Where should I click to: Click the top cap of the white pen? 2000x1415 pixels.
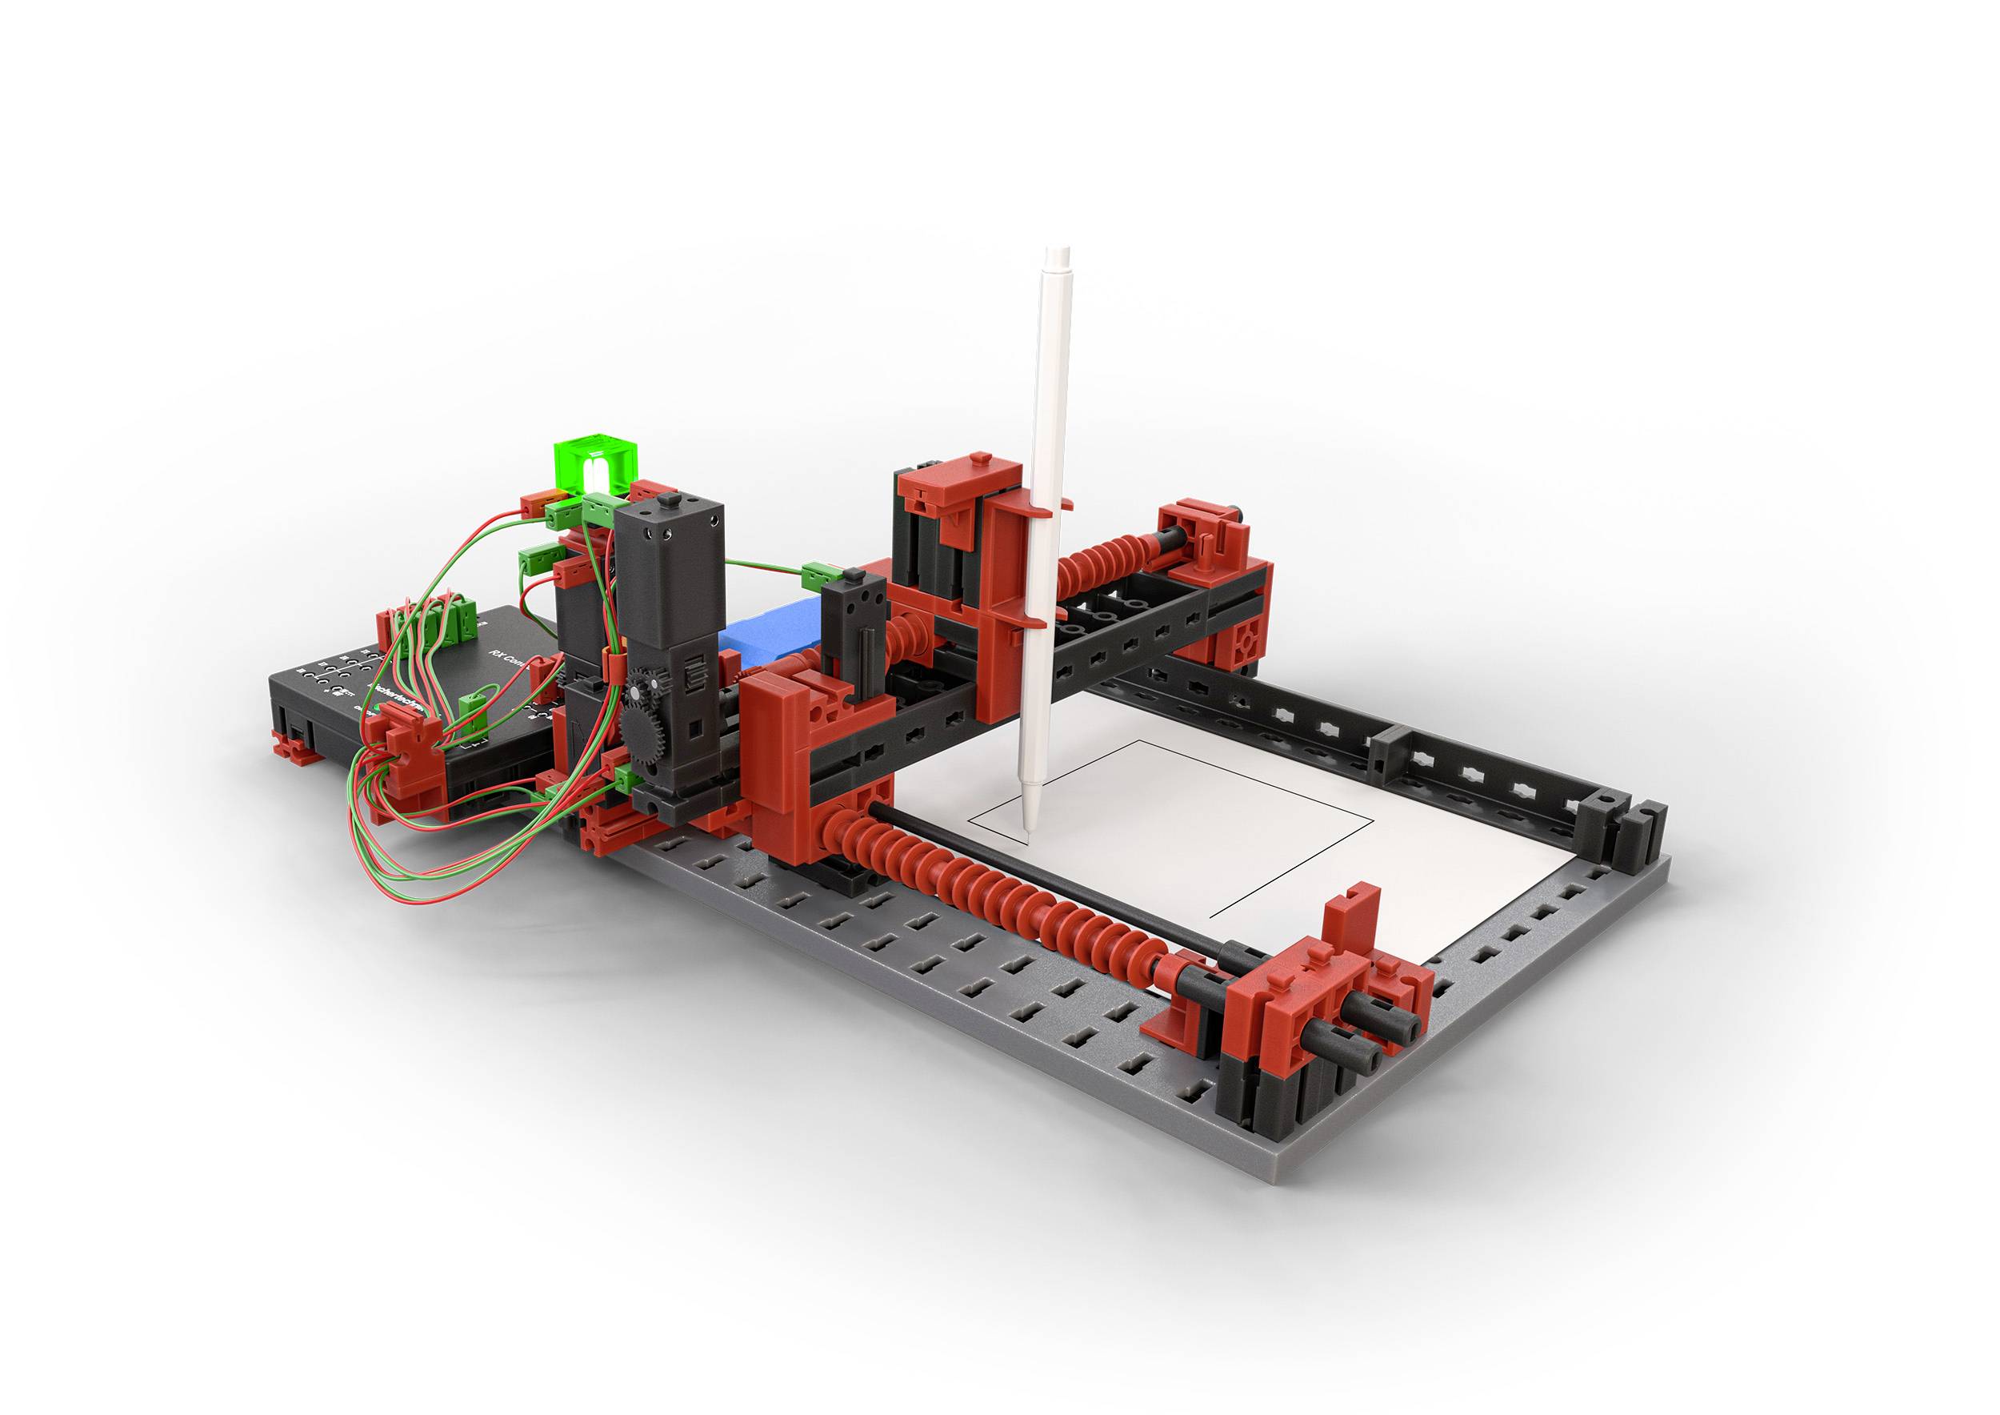1058,258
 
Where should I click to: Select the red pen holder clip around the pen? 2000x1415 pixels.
1037,514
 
